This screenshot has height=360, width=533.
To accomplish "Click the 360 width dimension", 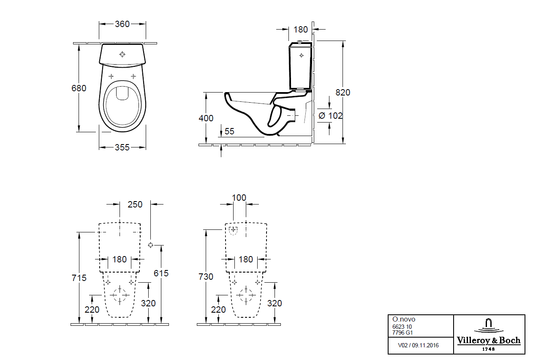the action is (x=122, y=24).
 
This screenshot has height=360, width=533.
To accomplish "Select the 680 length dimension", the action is (x=79, y=88).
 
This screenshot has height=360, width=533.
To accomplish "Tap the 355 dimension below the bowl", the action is (x=122, y=147).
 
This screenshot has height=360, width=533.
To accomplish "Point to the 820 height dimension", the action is (x=343, y=93).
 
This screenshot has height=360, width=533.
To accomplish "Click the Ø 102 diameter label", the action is (x=331, y=116).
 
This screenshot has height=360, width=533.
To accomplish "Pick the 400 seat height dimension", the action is (x=206, y=118).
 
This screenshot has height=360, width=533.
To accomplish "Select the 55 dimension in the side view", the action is (x=229, y=131).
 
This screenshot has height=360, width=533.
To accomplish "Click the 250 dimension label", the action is (x=135, y=204).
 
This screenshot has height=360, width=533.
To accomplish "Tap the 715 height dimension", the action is (x=79, y=278).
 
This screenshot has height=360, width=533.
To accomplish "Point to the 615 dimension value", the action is (x=161, y=273).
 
